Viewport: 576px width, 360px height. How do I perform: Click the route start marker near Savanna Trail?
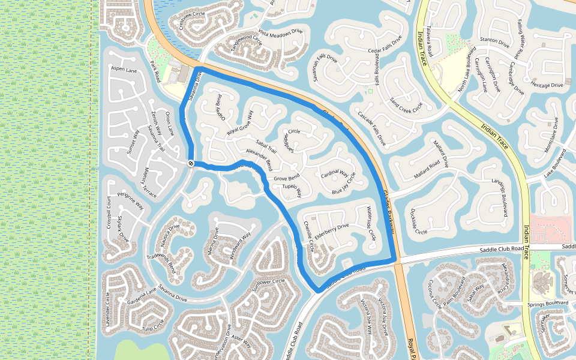tap(191, 163)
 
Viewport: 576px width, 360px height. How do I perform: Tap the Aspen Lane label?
tap(124, 70)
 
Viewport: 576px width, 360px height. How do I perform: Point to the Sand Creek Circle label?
tap(406, 104)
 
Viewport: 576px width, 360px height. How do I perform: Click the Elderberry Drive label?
tap(332, 227)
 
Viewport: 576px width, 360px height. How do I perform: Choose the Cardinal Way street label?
tap(335, 173)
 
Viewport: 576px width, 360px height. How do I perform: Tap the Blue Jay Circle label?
tap(344, 184)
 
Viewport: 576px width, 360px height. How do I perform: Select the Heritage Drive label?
tap(547, 85)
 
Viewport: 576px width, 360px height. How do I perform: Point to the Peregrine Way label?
tap(131, 201)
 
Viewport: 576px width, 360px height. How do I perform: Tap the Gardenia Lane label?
tap(142, 293)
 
